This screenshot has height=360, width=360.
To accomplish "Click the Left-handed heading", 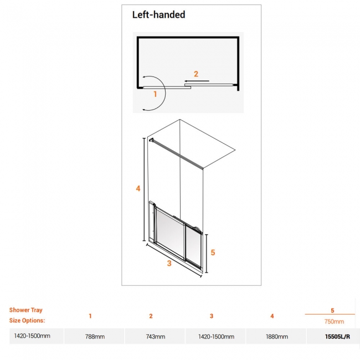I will [158, 16].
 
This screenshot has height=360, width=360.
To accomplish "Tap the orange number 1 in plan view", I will [155, 94].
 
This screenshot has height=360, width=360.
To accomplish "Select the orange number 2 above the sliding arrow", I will [195, 73].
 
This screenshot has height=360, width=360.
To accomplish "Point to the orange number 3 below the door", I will [169, 264].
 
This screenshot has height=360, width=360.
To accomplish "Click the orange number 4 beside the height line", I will [138, 188].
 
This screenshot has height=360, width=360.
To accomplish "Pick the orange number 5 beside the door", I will [213, 252].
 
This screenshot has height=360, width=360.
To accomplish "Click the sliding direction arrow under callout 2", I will [197, 81].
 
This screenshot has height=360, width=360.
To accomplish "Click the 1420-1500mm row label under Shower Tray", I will [32, 336].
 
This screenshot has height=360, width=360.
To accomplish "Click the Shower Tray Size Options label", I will [26, 315].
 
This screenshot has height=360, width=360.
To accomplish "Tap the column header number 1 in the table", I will [90, 316].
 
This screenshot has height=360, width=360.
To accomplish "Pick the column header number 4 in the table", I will [272, 316].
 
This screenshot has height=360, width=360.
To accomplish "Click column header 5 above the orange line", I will [332, 311].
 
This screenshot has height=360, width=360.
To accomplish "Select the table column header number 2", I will [151, 316].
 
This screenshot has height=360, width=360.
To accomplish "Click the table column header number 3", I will [212, 316].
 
